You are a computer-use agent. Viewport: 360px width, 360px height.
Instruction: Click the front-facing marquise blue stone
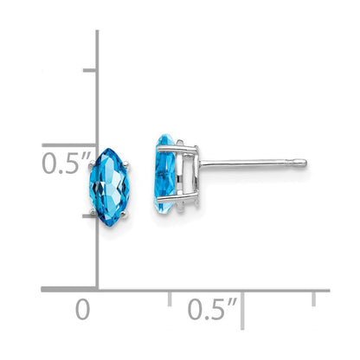(x=110, y=187)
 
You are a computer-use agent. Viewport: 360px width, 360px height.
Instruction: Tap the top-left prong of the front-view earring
(x=92, y=164)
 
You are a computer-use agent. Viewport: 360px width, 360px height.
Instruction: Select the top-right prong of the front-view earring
(x=126, y=165)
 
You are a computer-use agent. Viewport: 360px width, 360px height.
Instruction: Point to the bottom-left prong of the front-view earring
(x=93, y=212)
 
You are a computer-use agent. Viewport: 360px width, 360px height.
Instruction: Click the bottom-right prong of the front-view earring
(x=125, y=214)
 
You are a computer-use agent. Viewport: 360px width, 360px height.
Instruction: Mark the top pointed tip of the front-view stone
(x=108, y=149)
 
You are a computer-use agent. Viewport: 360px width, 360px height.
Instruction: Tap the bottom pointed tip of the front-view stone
(x=110, y=226)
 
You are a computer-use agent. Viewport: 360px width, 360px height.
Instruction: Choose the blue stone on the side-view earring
(x=165, y=174)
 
